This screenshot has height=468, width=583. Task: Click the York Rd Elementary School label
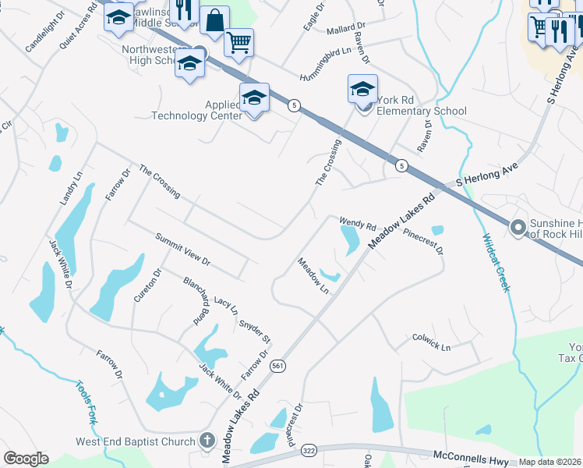tap(421, 105)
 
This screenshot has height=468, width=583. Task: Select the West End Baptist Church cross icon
tap(207, 441)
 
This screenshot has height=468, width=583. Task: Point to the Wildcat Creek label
tap(496, 263)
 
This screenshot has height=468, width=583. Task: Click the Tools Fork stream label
tap(86, 402)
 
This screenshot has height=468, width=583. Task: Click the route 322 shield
tap(308, 451)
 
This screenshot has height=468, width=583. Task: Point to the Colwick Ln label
tap(432, 343)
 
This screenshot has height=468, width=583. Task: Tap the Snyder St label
tap(255, 330)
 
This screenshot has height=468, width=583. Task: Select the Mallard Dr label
tap(341, 30)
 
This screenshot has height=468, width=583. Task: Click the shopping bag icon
tap(214, 20)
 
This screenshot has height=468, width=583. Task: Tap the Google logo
tap(25, 459)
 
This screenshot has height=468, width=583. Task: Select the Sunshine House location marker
tap(516, 228)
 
